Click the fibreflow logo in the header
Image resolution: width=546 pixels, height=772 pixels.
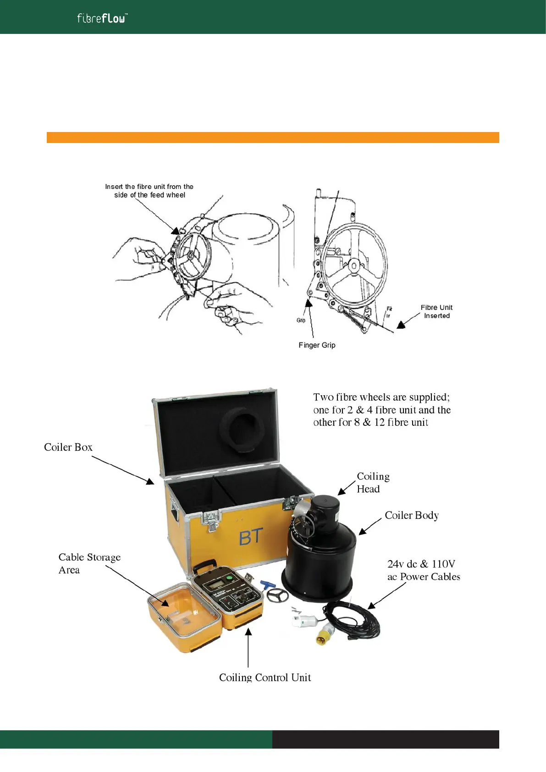click(x=102, y=18)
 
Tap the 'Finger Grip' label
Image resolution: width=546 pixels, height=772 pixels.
click(x=317, y=345)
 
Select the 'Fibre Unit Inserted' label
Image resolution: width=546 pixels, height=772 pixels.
click(x=436, y=311)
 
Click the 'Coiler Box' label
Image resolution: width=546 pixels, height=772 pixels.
click(x=68, y=447)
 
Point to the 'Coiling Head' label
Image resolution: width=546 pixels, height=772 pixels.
click(x=373, y=482)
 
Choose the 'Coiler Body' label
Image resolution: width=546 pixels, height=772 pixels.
click(x=412, y=515)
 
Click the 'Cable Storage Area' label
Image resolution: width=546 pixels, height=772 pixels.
click(x=89, y=563)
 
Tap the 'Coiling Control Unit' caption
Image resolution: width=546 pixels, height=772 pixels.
click(x=265, y=677)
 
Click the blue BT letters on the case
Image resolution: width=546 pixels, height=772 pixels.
click(x=251, y=537)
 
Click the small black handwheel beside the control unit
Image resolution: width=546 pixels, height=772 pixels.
click(x=277, y=596)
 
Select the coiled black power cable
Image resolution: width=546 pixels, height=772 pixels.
click(x=354, y=621)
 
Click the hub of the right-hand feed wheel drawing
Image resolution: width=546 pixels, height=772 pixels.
click(x=354, y=265)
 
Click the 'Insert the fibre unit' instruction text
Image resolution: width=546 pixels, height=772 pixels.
click(x=149, y=191)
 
